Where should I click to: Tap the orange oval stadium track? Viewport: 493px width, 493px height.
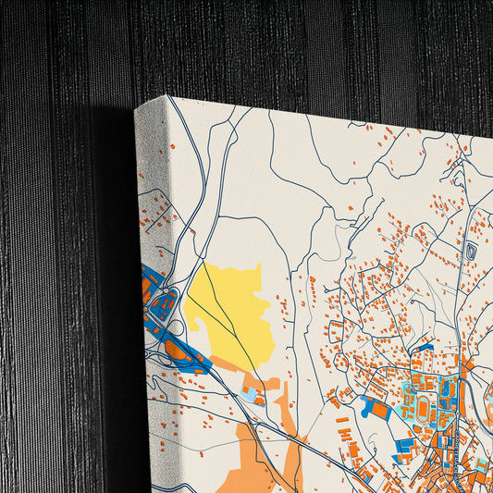[x=425, y=406]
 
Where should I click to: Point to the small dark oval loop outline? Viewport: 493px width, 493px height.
[x=471, y=250]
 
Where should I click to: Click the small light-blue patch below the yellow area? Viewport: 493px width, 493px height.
[x=248, y=395]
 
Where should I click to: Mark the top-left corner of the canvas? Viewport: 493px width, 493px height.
[x=137, y=108]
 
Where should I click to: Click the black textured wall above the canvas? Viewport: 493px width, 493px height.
[x=277, y=46]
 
